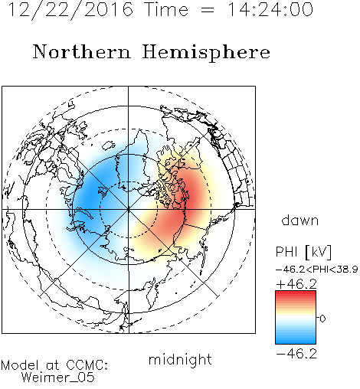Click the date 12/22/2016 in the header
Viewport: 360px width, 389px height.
[70, 10]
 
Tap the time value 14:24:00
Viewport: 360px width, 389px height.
[270, 9]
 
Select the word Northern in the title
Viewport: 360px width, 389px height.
[82, 51]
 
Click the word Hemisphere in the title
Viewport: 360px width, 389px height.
[206, 53]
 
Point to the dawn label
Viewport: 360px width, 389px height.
[300, 221]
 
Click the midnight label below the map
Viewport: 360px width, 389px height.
[180, 360]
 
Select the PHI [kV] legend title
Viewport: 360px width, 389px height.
[303, 252]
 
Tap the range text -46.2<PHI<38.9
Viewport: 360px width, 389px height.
[317, 270]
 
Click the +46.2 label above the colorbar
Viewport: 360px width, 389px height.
[296, 284]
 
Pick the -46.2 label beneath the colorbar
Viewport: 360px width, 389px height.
[296, 354]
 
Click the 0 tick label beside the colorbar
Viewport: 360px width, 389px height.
[322, 319]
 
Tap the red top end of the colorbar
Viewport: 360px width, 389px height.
[296, 293]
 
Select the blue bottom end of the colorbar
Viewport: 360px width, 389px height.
[296, 342]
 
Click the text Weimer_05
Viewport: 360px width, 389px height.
[58, 377]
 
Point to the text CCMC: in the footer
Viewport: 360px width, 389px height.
[87, 365]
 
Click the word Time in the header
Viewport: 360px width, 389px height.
[166, 9]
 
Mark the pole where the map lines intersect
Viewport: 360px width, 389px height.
[129, 210]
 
